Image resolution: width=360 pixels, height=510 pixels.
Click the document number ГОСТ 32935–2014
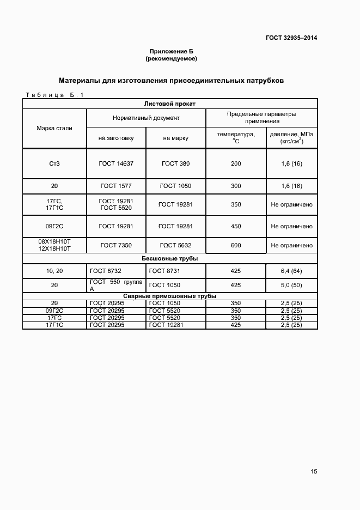click(291, 38)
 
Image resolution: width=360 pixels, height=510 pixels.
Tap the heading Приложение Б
click(171, 51)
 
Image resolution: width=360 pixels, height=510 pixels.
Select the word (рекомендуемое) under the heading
click(171, 58)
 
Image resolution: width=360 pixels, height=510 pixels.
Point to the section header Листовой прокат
click(169, 103)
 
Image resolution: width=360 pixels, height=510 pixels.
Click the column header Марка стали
click(54, 128)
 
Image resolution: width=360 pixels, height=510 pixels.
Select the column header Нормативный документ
click(146, 118)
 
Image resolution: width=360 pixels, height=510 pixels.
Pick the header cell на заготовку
click(116, 138)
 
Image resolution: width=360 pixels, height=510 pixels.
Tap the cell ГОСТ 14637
click(116, 163)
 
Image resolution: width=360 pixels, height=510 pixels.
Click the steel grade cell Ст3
click(54, 163)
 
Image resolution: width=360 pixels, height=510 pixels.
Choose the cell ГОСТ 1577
click(116, 186)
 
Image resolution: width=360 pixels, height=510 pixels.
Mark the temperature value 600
click(236, 245)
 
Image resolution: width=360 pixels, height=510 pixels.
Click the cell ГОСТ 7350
click(116, 245)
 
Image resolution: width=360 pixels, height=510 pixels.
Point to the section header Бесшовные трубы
click(169, 258)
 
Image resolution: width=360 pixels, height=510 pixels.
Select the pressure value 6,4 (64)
click(291, 270)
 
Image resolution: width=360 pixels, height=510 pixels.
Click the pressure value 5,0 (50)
click(291, 285)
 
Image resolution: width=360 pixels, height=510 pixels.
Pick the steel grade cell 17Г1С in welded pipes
click(54, 325)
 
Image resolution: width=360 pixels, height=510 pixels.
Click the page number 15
click(314, 472)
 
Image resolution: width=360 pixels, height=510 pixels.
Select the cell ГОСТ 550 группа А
click(116, 285)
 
